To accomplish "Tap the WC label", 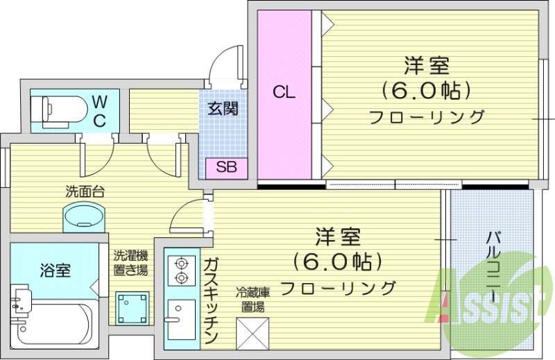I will click(x=99, y=112).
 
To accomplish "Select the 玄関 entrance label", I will click(x=223, y=109).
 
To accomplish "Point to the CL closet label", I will click(x=283, y=92).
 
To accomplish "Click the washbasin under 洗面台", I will click(x=83, y=216).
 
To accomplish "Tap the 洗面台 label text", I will click(x=85, y=191).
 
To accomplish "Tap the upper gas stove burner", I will click(x=182, y=263).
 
